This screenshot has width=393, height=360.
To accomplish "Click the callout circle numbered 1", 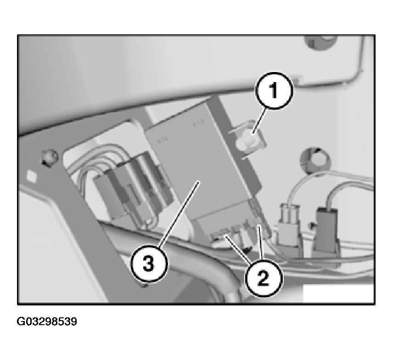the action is [x=274, y=91].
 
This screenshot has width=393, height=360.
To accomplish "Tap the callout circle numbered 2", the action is [x=264, y=278].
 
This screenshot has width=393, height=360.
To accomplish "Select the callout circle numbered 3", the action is [x=148, y=264].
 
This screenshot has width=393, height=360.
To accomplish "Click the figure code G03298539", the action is [x=47, y=321].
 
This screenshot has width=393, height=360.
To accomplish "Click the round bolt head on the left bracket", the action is [x=51, y=157].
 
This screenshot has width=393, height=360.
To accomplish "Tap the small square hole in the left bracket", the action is [x=31, y=176].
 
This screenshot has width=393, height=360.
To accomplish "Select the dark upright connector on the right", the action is [x=326, y=230].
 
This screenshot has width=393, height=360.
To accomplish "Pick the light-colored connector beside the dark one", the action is [x=289, y=227].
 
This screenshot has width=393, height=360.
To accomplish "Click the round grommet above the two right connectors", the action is [x=315, y=160].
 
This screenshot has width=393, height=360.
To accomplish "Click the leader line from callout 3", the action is [x=179, y=214].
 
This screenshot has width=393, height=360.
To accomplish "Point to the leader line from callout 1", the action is [x=259, y=121].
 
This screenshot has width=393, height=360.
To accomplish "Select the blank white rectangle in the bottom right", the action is [x=338, y=294].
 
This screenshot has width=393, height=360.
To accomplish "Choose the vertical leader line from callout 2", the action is [x=261, y=242].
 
